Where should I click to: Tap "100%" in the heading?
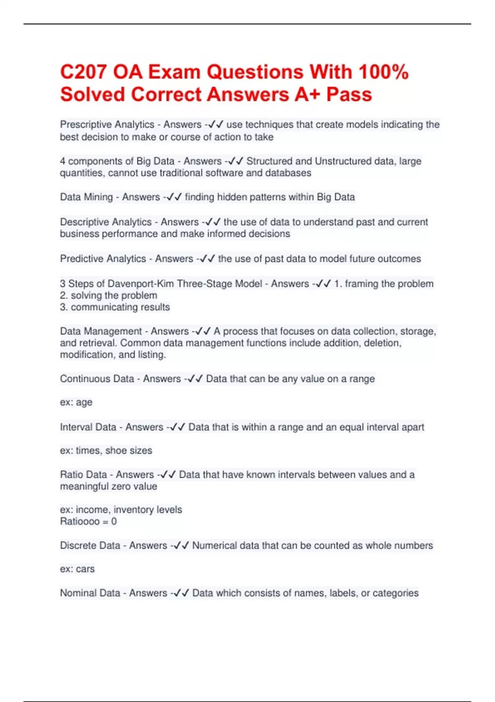click(383, 72)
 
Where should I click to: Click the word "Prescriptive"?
click(86, 124)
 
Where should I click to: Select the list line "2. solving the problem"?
click(108, 295)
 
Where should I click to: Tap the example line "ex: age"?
click(76, 402)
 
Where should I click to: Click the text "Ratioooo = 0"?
click(88, 521)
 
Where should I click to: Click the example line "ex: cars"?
click(77, 569)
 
